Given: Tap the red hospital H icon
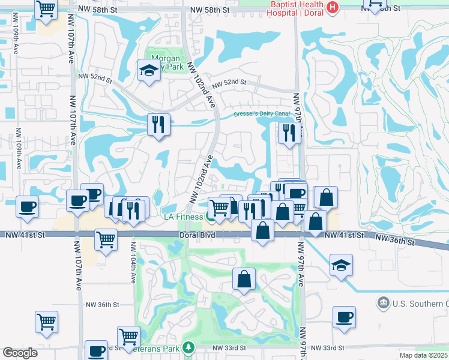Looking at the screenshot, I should [334, 8].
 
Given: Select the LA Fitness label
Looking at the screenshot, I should [182, 217].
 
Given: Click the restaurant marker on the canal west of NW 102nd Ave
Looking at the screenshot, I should [158, 125].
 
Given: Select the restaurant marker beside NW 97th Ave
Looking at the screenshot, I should [289, 132].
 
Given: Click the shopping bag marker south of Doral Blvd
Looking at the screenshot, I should [243, 279].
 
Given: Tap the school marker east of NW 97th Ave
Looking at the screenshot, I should [341, 265].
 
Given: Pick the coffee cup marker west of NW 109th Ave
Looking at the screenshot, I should [28, 206].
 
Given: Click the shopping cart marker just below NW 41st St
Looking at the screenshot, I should [106, 239].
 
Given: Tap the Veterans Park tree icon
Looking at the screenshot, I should [188, 347].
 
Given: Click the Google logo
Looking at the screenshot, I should [20, 353].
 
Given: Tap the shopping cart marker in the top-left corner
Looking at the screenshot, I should [46, 10].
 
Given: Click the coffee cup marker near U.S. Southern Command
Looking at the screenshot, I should [344, 317].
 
